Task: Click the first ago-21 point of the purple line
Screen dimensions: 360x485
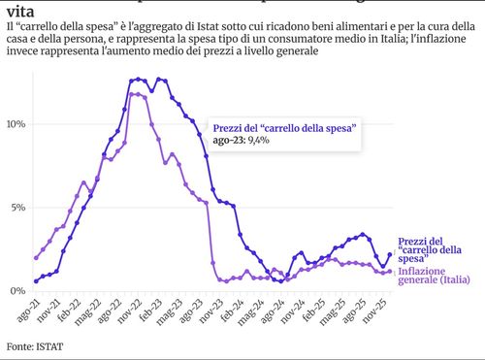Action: point(36,258)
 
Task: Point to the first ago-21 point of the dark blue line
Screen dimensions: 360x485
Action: point(36,281)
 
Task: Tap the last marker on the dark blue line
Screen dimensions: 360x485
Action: point(390,254)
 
